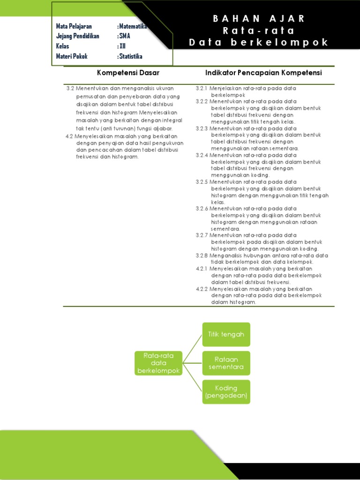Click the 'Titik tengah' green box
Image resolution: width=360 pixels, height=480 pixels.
point(226,334)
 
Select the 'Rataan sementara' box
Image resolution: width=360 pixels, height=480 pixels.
point(226,363)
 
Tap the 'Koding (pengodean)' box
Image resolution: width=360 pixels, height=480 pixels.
point(226,392)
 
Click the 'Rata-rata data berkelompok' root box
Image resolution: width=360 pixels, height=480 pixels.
point(158,363)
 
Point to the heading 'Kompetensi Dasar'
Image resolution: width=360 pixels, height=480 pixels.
point(128,73)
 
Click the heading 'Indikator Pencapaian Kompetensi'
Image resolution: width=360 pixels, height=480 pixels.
point(263,73)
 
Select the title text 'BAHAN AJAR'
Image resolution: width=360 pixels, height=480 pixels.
point(259,19)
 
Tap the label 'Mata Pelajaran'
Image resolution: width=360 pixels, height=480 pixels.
point(74,26)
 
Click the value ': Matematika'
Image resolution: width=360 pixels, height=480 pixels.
point(133,26)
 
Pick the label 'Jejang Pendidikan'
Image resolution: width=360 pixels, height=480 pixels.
point(78,36)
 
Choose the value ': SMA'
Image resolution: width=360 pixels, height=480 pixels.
point(124,36)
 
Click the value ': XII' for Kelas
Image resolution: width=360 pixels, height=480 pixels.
point(121,46)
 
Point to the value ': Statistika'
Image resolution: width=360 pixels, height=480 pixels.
point(130,57)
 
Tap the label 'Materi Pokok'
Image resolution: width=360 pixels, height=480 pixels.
point(72,57)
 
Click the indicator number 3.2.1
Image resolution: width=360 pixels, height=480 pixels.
point(202,88)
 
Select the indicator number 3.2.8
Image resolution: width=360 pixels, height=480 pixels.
point(202,255)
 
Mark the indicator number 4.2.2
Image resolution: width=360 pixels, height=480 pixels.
point(202,289)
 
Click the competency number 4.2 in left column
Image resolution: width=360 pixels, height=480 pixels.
point(69,136)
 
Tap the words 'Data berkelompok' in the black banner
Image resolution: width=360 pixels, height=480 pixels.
point(259,43)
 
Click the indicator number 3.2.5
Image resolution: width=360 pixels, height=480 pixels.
point(202,182)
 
